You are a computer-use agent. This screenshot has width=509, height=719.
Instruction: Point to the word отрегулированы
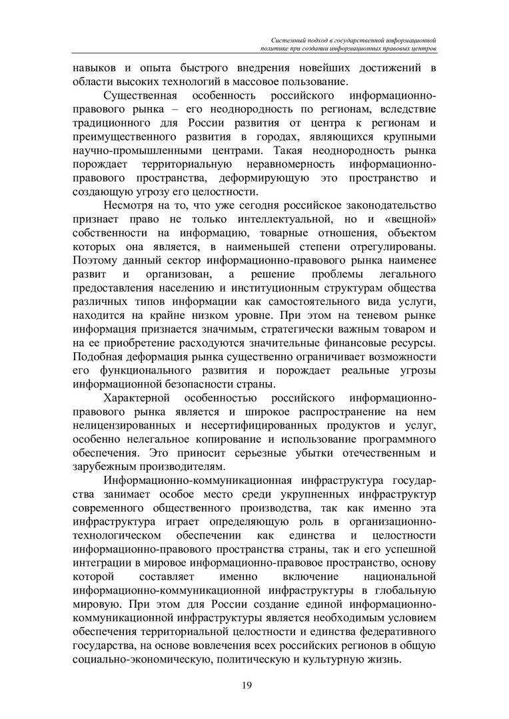tap(390, 247)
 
